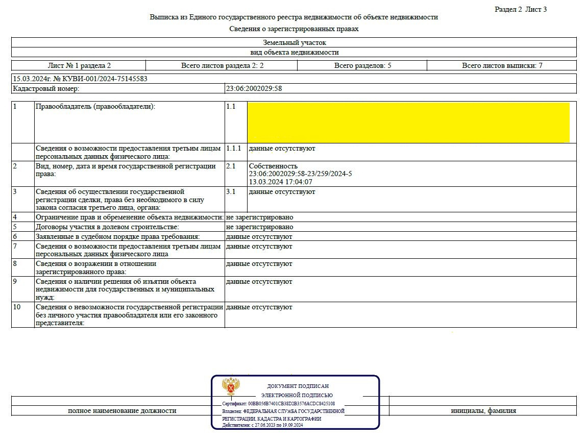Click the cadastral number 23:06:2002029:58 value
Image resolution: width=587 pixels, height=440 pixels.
(x=254, y=88)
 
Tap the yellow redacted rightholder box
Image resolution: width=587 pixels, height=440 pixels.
(x=408, y=123)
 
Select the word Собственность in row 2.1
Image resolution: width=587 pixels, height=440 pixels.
(x=273, y=166)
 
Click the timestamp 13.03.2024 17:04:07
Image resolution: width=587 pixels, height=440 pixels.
(x=280, y=182)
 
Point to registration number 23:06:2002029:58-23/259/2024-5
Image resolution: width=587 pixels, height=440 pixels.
(x=300, y=174)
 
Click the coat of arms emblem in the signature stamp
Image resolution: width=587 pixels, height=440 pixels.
(x=231, y=387)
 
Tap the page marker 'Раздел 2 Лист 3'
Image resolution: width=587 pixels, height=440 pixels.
(x=521, y=9)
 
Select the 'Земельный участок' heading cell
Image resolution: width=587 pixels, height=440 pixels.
(x=294, y=43)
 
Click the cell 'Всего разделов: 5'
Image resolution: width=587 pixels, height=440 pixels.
(x=361, y=65)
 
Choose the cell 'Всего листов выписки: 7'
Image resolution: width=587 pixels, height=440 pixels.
(x=502, y=65)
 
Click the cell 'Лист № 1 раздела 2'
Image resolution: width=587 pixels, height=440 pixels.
(x=79, y=65)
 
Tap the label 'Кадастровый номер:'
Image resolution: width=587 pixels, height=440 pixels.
(x=46, y=88)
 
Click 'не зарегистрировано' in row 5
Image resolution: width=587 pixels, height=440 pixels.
(x=260, y=227)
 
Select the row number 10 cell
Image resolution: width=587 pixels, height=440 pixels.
(x=17, y=307)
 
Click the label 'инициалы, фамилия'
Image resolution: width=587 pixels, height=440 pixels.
(x=483, y=410)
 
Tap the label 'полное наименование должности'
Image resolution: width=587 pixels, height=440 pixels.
(x=122, y=410)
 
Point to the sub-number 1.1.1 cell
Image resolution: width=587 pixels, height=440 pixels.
(x=233, y=149)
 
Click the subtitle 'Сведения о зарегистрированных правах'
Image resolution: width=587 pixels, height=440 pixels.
(x=294, y=29)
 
